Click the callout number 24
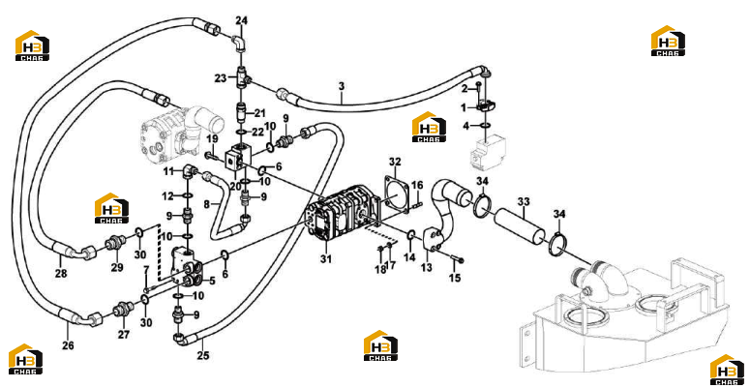coord(242,20)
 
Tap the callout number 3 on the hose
coord(341,86)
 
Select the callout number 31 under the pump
coord(326,258)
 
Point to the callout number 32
coord(395,162)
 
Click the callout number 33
coord(524,202)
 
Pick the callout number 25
coord(203,355)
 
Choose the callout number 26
coord(68,344)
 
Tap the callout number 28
coord(61,274)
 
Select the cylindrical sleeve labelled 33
coord(520,226)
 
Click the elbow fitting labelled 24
coord(240,42)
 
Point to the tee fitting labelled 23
coord(242,77)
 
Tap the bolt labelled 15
coord(456,258)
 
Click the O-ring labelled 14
coord(410,235)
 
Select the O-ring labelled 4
coord(486,126)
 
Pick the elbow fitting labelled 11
coord(188,171)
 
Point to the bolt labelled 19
coord(214,156)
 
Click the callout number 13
coord(426,267)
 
